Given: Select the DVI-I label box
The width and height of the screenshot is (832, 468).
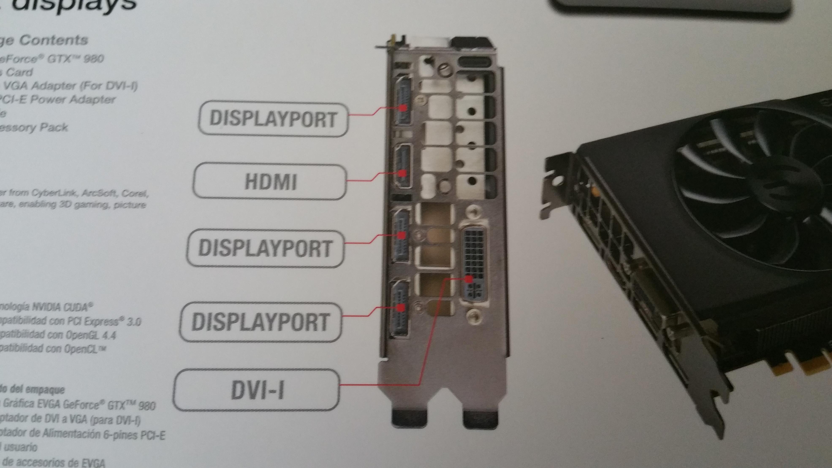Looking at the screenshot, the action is (257, 390).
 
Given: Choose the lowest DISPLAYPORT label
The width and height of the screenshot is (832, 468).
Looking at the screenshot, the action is (260, 322).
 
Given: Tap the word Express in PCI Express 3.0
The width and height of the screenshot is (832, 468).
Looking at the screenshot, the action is (102, 321).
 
